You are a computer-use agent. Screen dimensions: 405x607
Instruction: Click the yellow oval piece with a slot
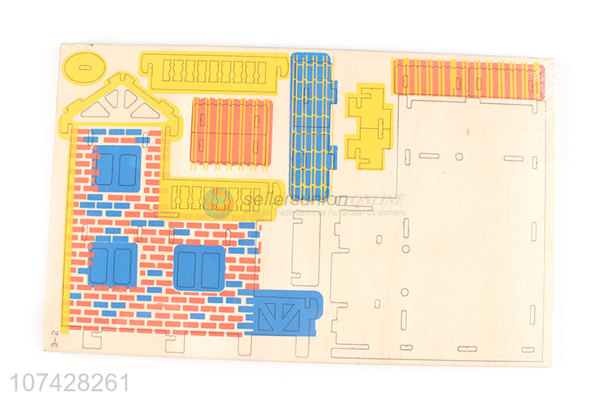tap(83, 66)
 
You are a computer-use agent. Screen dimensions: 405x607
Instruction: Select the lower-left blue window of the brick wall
tap(112, 265)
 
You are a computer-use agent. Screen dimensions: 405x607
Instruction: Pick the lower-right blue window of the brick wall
tap(199, 267)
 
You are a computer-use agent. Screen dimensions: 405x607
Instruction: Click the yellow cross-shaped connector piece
tap(368, 124)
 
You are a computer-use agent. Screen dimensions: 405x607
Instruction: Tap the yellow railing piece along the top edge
tap(214, 69)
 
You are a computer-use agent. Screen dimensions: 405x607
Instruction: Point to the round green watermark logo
tap(218, 202)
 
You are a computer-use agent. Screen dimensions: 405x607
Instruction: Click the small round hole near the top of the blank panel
tap(459, 156)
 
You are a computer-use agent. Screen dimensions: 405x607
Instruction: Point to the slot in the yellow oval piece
tap(83, 66)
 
